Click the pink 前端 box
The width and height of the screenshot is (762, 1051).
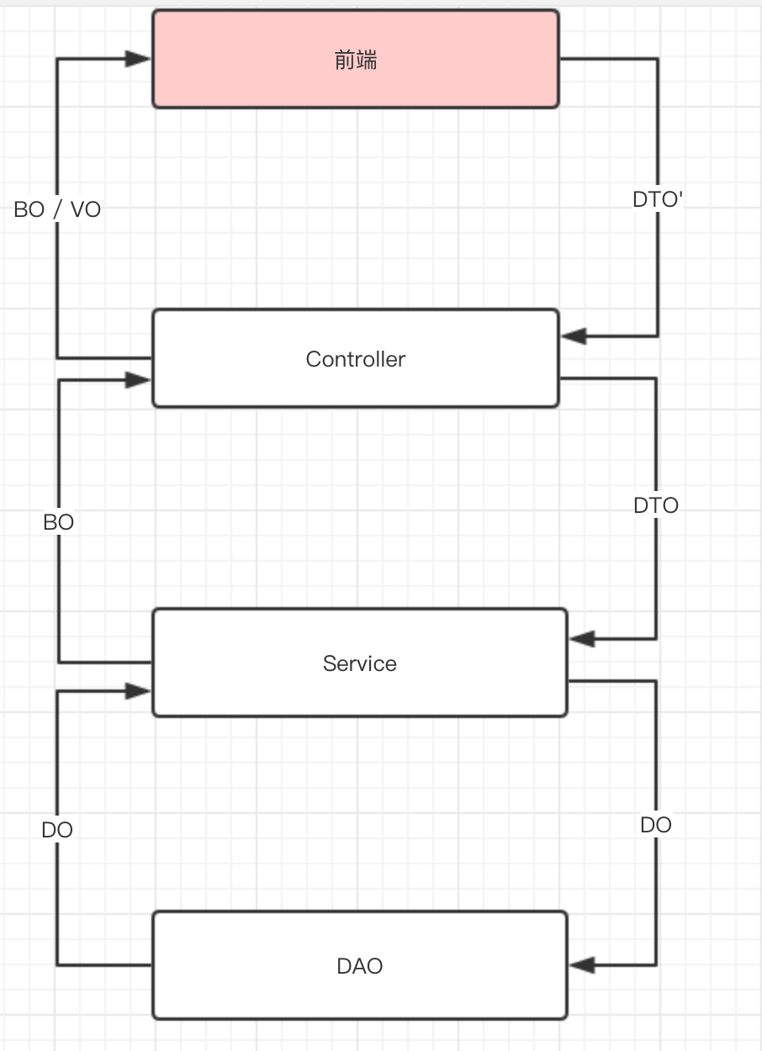pyautogui.click(x=355, y=59)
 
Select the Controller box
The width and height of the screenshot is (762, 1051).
pyautogui.click(x=355, y=359)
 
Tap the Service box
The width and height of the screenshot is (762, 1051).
pyautogui.click(x=359, y=663)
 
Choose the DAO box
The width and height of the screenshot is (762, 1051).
pyautogui.click(x=359, y=965)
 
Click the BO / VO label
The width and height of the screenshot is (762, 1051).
pyautogui.click(x=57, y=209)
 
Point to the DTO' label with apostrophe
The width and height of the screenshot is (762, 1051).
pyautogui.click(x=658, y=200)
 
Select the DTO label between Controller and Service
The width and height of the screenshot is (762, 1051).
pyautogui.click(x=656, y=505)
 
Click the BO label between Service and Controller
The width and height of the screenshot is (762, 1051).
pyautogui.click(x=59, y=522)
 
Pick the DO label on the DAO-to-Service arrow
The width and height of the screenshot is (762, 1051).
pyautogui.click(x=57, y=830)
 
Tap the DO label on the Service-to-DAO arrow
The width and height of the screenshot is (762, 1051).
pyautogui.click(x=656, y=825)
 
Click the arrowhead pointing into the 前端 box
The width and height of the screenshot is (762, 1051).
pyautogui.click(x=138, y=59)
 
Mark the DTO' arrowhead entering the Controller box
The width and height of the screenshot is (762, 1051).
pyautogui.click(x=574, y=336)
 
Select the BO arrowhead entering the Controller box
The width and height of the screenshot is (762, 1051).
pyautogui.click(x=138, y=380)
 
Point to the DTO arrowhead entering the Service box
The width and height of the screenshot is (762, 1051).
pyautogui.click(x=582, y=639)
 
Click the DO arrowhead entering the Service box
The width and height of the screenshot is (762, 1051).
pyautogui.click(x=138, y=691)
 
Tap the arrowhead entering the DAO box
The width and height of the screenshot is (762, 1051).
pyautogui.click(x=582, y=965)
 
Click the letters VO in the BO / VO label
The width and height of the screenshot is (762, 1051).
pyautogui.click(x=85, y=209)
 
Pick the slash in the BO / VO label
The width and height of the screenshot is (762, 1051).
pyautogui.click(x=57, y=209)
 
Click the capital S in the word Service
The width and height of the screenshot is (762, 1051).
pyautogui.click(x=330, y=663)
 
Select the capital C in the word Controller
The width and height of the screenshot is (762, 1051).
pyautogui.click(x=313, y=359)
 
